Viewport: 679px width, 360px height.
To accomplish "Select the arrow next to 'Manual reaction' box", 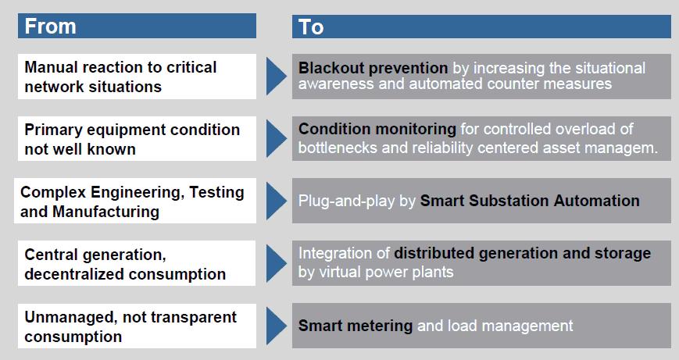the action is (x=277, y=77).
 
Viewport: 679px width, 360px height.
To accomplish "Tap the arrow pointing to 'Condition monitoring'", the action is (x=277, y=138).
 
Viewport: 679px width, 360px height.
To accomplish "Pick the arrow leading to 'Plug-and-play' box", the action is (x=277, y=201).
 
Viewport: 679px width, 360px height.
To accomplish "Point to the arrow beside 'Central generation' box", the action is (x=277, y=263).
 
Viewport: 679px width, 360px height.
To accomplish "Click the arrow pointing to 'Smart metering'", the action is (x=277, y=326).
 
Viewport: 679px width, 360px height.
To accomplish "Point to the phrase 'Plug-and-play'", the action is (x=346, y=201).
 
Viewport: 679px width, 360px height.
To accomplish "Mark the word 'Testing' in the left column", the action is (x=216, y=193).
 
